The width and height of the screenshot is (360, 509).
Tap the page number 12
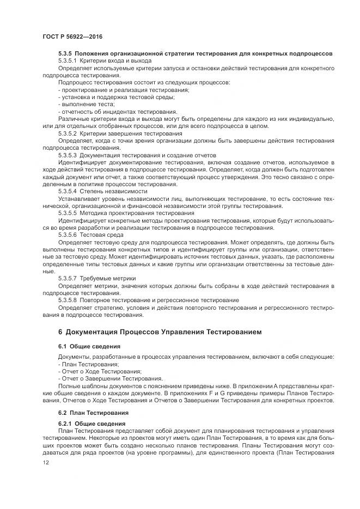coord(45,462)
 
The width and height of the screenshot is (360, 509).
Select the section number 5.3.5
coord(65,53)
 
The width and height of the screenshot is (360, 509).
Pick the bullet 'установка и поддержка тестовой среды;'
coord(116,96)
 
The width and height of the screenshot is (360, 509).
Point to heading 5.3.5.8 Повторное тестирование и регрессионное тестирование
coord(148,300)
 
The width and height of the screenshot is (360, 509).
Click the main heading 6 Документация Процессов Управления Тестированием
coord(160,332)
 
